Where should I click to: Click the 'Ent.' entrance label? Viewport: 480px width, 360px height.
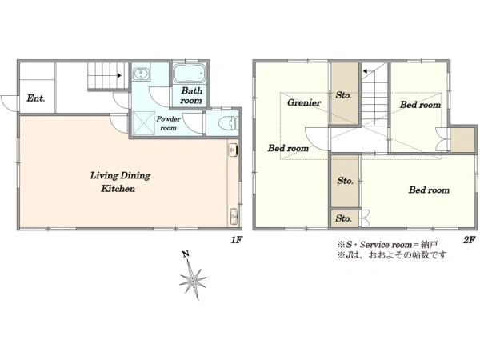point(35,98)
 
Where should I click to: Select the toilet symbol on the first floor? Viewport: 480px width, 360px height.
point(229,123)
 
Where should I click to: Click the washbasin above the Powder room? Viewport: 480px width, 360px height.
point(141,74)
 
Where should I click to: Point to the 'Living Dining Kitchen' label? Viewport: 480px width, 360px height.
point(119,182)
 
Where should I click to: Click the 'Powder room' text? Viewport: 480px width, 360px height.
point(168,123)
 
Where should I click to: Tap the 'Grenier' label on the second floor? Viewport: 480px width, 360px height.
point(304,102)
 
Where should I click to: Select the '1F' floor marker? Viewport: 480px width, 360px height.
point(237,240)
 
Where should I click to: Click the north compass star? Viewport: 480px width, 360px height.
point(193,279)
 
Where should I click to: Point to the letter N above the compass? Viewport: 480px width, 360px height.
point(186,254)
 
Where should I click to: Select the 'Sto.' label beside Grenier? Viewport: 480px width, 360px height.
point(343,95)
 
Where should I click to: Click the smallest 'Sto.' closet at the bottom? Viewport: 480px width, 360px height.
point(343,218)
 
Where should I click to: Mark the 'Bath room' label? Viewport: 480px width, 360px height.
point(191,95)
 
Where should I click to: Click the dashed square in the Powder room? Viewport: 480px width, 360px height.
point(144,123)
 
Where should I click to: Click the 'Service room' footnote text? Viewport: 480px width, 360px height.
point(386,245)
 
